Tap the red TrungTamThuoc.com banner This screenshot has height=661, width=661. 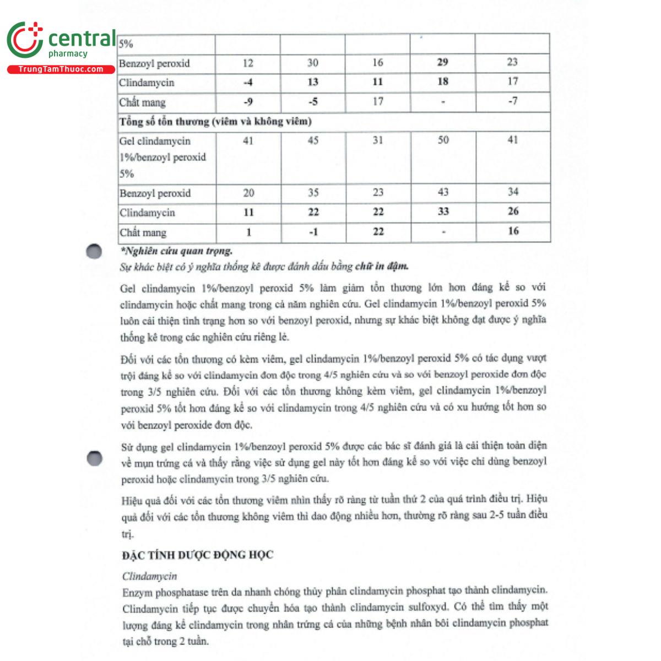tap(61, 69)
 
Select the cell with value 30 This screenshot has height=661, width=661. tap(313, 63)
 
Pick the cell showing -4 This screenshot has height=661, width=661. tap(248, 82)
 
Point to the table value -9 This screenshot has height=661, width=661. tap(248, 102)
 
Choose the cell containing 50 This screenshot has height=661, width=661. tap(443, 140)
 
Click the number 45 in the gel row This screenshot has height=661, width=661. tap(313, 141)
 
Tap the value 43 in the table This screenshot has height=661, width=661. tap(443, 192)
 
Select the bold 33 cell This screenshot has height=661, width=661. tap(443, 212)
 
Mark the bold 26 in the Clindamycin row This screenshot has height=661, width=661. tap(513, 212)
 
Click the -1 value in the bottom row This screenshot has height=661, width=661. tap(313, 232)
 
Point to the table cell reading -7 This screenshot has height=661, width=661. tap(512, 101)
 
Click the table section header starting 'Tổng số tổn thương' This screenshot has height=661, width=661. tap(215, 121)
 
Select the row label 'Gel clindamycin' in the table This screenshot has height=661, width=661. tap(155, 142)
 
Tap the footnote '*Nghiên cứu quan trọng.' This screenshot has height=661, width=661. tap(176, 251)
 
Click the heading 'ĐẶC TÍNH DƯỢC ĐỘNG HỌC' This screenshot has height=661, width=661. tap(197, 555)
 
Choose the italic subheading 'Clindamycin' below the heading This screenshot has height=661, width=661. tap(149, 576)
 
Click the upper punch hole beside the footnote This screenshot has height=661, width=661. tap(94, 251)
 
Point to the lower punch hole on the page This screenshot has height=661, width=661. tap(95, 458)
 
